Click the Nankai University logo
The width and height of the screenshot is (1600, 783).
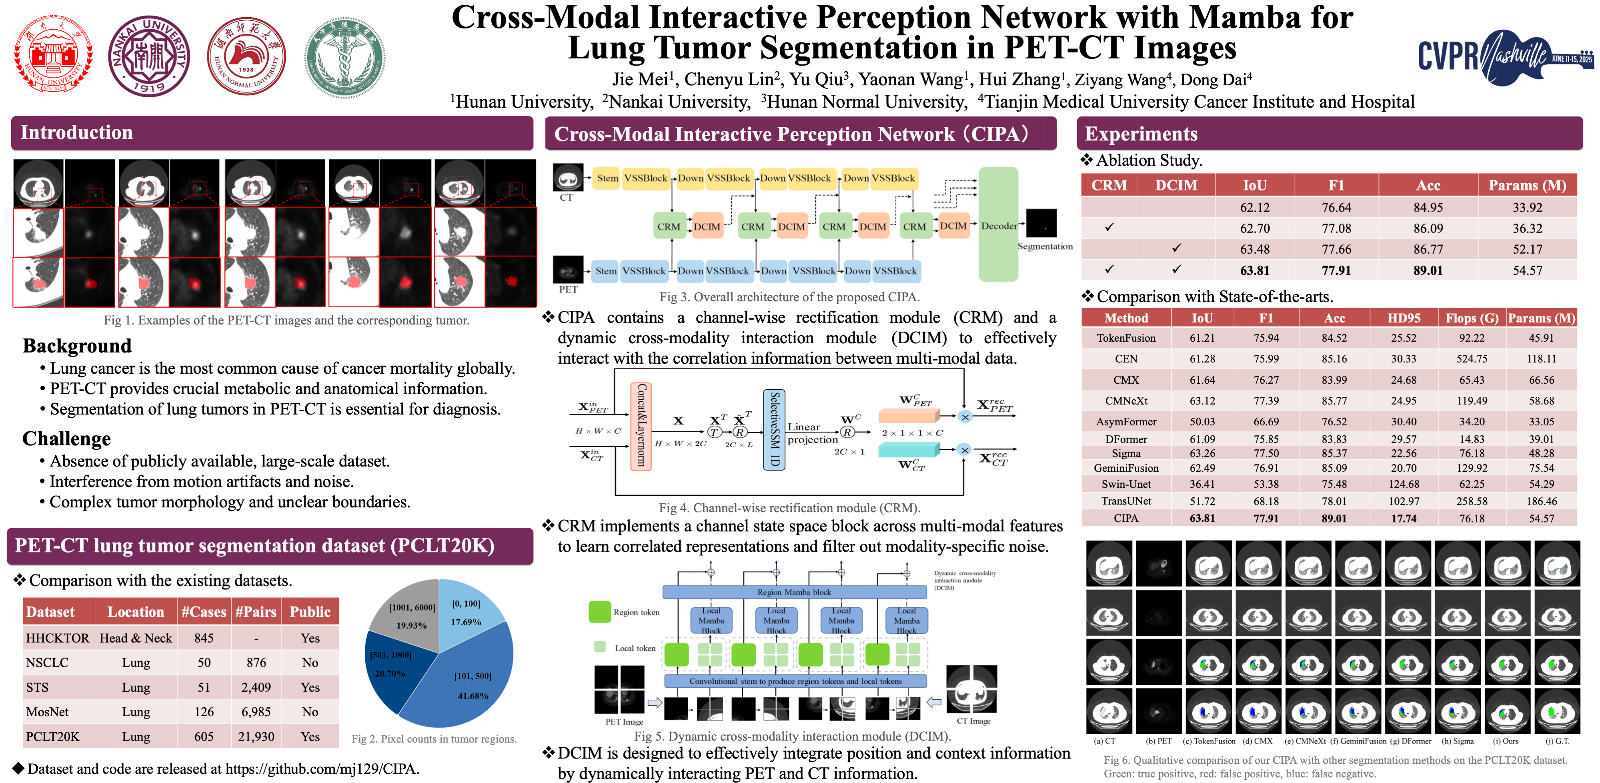coord(149,56)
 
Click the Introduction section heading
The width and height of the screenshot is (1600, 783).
coord(76,132)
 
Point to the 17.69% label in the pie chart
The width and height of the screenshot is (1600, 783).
coord(466,621)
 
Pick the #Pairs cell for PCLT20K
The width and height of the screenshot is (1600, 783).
coord(256,737)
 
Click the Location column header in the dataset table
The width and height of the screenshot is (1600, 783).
coord(135,612)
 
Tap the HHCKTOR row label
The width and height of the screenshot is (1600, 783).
coord(57,638)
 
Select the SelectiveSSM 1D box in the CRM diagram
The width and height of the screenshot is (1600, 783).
coord(774,430)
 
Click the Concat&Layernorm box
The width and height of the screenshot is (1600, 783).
coord(641,426)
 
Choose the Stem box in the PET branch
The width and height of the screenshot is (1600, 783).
coord(606,271)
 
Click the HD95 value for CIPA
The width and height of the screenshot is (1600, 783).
coord(1404,518)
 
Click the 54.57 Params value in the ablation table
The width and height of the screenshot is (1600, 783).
coord(1527,270)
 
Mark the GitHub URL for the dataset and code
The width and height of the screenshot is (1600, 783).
coord(321,769)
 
